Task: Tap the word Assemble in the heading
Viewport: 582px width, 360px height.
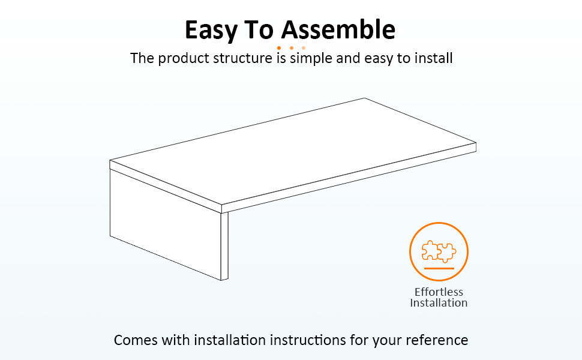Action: coord(338,29)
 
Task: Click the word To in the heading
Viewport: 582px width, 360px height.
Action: coord(259,29)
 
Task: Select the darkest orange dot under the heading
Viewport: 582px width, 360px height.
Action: coord(279,48)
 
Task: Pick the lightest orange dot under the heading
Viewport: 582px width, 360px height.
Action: coord(304,48)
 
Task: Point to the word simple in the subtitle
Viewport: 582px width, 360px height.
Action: coord(311,59)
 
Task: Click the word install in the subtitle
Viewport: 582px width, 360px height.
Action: coord(434,58)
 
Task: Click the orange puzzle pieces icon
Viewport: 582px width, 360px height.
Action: coord(439,251)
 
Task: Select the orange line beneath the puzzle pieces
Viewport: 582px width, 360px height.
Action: coord(439,268)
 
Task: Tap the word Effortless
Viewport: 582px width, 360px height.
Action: coord(439,292)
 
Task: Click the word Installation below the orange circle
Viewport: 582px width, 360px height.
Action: coord(439,303)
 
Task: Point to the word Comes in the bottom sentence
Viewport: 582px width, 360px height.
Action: coord(136,340)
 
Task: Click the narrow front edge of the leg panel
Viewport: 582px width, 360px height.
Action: coord(224,245)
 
